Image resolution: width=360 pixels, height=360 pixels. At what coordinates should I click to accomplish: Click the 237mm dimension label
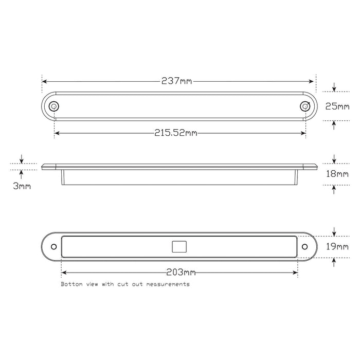click(177, 81)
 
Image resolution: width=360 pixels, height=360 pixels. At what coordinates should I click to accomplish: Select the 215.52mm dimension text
click(176, 133)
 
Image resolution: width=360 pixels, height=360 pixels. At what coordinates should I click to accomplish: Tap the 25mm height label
click(337, 106)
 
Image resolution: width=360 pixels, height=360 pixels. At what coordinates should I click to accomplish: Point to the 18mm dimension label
click(337, 174)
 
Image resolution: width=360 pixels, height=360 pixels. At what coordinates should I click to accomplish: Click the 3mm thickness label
click(21, 186)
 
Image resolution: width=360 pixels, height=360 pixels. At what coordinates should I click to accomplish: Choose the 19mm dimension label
click(337, 247)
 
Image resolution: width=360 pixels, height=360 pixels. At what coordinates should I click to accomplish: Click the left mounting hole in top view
click(53, 106)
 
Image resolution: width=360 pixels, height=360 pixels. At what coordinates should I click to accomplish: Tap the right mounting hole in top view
click(305, 106)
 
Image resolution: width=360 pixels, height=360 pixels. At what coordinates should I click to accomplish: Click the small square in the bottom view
click(178, 247)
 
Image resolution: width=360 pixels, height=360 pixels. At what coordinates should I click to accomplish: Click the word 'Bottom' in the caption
click(70, 284)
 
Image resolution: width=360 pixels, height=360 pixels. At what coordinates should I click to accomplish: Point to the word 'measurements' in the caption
click(168, 284)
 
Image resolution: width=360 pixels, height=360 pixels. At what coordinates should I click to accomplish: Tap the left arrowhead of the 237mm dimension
click(45, 81)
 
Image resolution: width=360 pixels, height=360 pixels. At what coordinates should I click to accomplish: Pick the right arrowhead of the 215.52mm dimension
click(303, 133)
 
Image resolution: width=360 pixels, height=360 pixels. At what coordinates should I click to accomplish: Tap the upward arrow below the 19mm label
click(334, 261)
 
